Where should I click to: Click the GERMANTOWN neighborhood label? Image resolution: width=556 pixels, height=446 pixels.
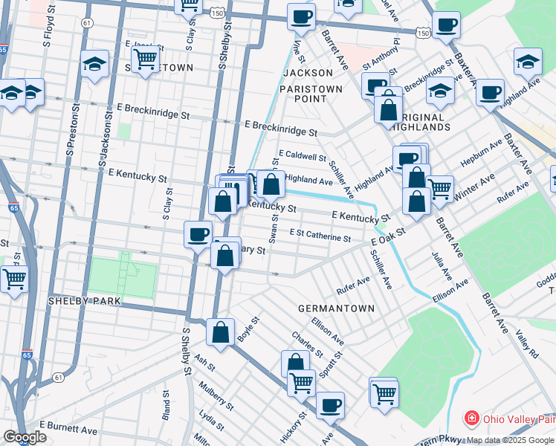[336, 308]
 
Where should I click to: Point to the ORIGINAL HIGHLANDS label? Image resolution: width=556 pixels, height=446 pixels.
[424, 122]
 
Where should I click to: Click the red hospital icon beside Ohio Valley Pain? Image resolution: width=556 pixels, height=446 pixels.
[471, 418]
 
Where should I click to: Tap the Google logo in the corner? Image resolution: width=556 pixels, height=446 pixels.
[24, 437]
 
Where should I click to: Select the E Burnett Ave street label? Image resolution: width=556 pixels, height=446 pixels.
[68, 430]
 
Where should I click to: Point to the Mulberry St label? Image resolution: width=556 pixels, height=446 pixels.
[216, 396]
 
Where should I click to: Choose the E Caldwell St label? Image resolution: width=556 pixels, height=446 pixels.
[303, 157]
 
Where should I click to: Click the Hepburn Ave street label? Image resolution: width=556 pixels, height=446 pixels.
[482, 152]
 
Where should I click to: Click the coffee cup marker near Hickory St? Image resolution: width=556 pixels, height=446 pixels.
[330, 405]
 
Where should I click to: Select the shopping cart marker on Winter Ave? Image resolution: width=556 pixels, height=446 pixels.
[440, 188]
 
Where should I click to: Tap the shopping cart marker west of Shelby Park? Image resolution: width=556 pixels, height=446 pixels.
[14, 279]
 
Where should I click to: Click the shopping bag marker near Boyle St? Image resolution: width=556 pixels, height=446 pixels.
[221, 332]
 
